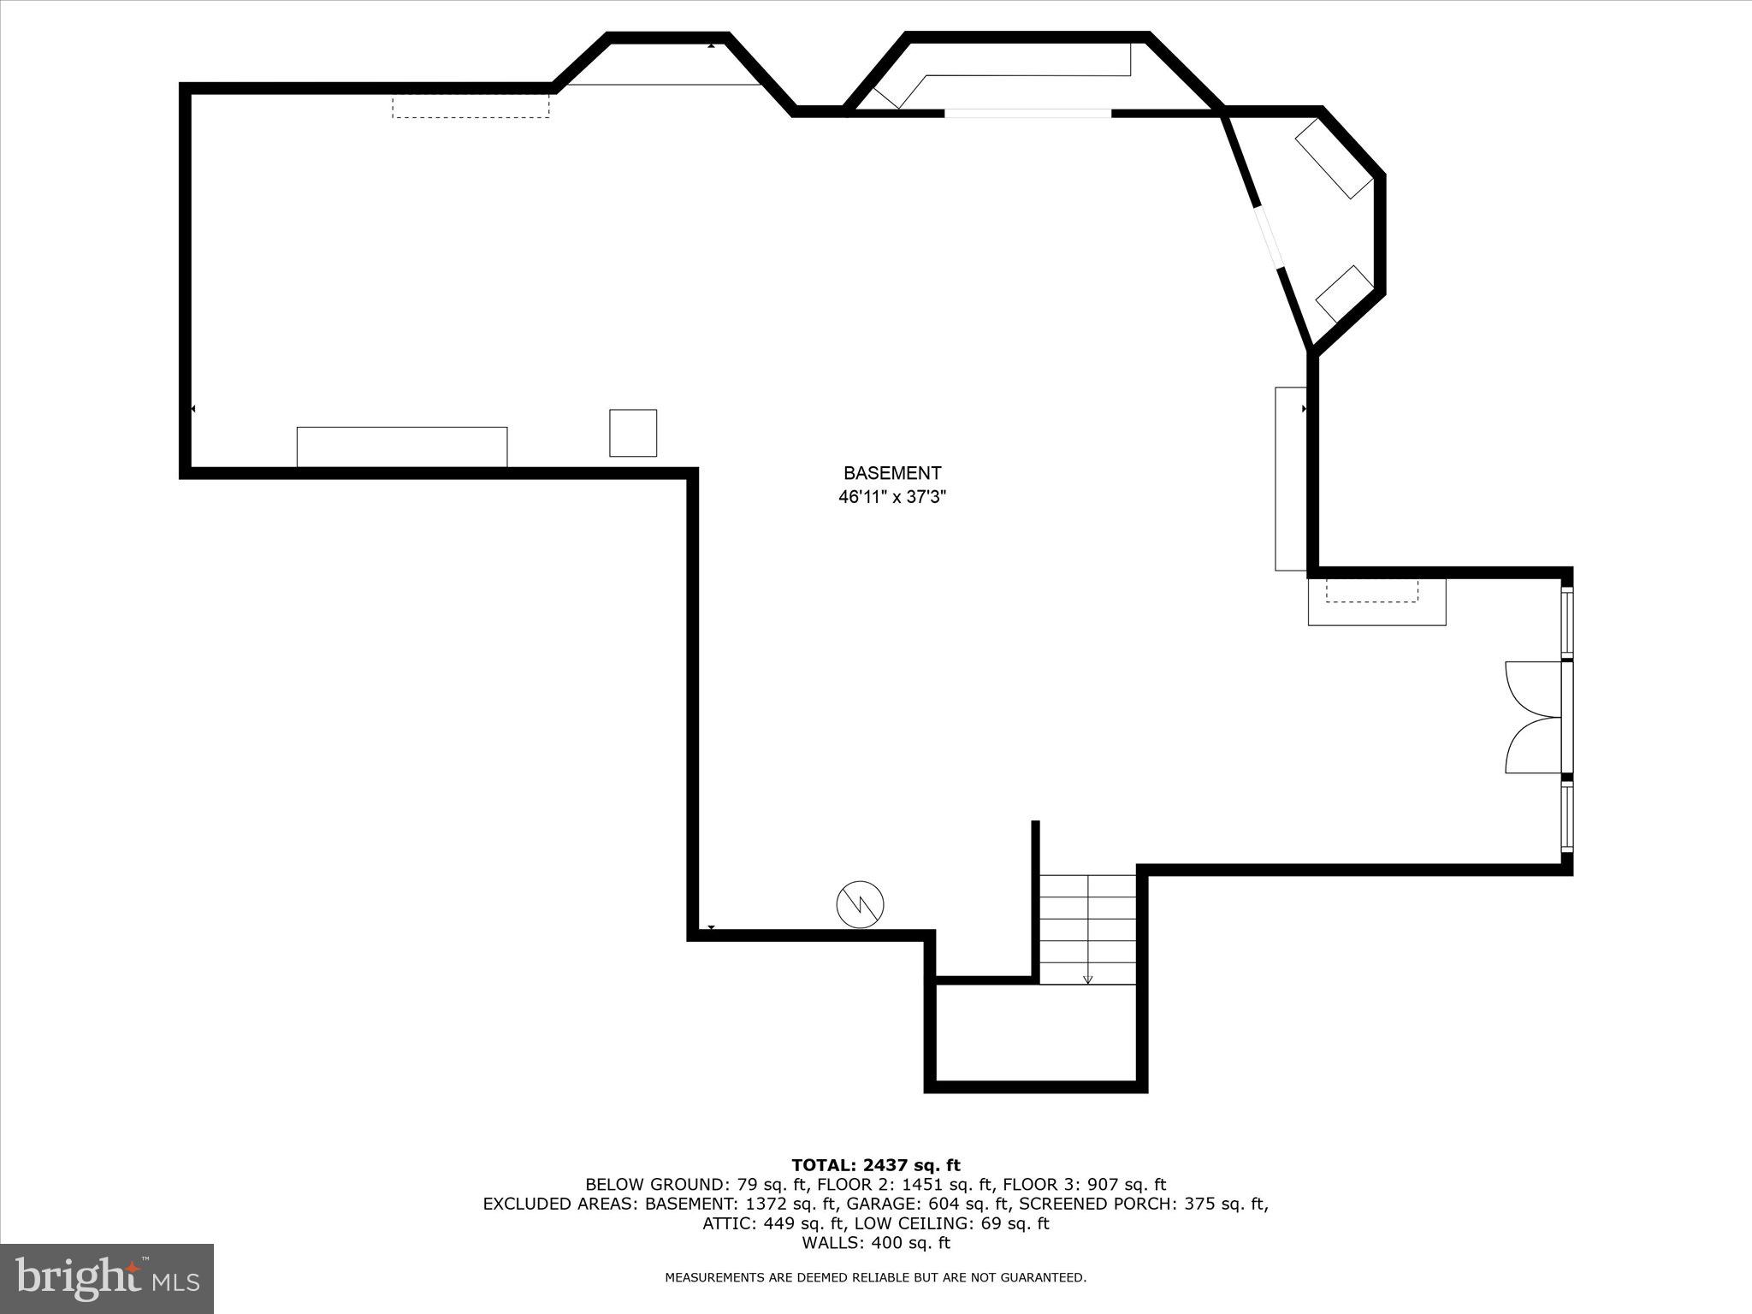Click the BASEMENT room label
click(892, 473)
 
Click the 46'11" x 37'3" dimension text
click(892, 497)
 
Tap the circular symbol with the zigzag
click(860, 904)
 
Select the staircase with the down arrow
click(1087, 929)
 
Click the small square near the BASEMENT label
click(633, 433)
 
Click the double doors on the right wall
click(1536, 717)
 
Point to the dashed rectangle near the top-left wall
click(471, 106)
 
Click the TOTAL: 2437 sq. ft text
click(876, 1165)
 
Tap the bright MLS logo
click(107, 1279)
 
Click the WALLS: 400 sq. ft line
click(876, 1243)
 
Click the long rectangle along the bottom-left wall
click(402, 447)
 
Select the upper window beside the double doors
click(1567, 621)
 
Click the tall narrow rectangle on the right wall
click(1291, 479)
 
